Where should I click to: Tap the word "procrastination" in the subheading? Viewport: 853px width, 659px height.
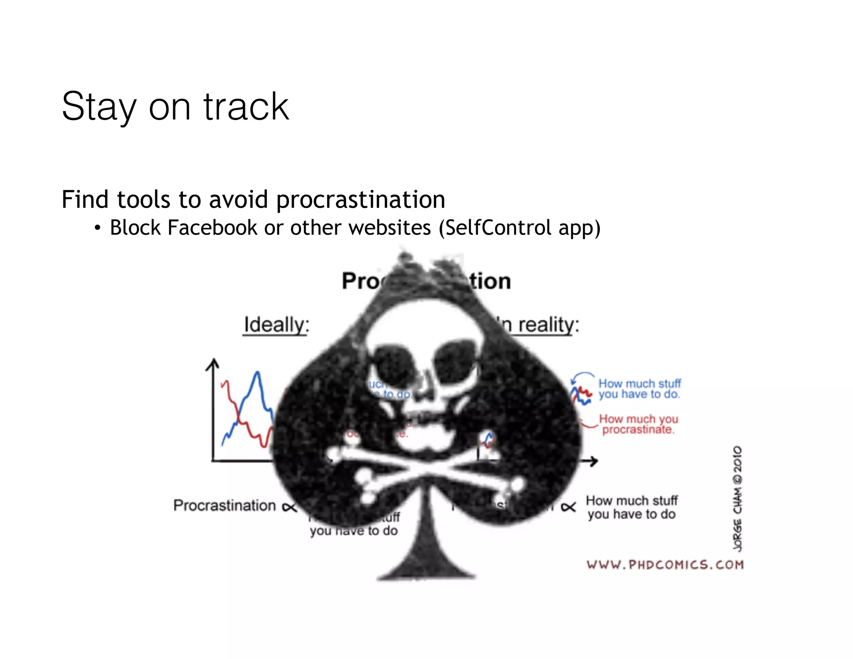pos(361,200)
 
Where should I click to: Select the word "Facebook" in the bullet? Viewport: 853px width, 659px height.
pos(212,228)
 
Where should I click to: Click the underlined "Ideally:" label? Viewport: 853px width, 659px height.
pos(276,325)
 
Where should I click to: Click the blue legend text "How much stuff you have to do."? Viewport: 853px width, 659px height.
pos(639,389)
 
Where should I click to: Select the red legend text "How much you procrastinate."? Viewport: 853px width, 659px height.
pos(638,424)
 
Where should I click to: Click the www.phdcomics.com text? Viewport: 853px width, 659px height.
pos(665,565)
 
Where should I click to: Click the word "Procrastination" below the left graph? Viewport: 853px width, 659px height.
pos(224,506)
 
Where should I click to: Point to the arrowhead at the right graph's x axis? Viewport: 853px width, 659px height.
pos(594,461)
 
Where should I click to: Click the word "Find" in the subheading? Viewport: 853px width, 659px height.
pos(85,200)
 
